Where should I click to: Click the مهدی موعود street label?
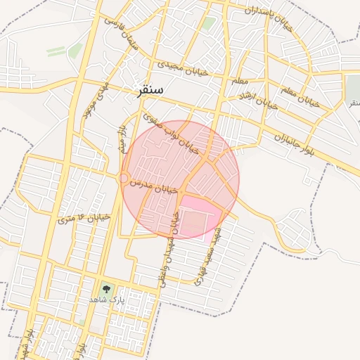coord(94,98)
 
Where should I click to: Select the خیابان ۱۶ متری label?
coord(84,219)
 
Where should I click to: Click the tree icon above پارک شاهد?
coord(106,288)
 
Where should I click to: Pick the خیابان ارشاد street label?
coord(257,101)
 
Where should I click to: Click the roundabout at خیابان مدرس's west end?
coord(124,179)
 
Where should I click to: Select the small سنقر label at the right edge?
coord(354,103)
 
